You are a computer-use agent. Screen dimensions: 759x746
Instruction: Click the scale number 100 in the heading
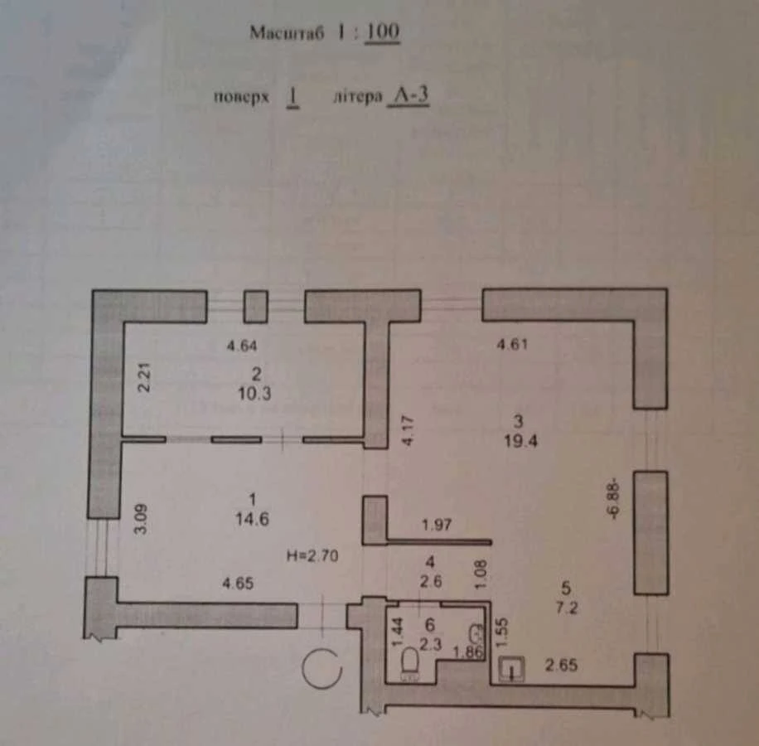(382, 32)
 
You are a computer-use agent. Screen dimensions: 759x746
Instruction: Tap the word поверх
(241, 97)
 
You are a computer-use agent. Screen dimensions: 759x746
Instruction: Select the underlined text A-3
(409, 95)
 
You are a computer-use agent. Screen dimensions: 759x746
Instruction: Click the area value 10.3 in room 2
(254, 394)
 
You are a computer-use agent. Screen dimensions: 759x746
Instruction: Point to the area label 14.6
(252, 519)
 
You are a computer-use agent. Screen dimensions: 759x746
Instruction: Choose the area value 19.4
(520, 441)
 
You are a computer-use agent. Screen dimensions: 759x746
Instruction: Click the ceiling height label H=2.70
(312, 555)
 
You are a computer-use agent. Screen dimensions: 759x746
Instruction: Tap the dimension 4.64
(242, 346)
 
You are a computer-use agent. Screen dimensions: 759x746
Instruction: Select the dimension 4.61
(512, 344)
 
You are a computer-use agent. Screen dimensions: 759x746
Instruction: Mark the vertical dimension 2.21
(144, 377)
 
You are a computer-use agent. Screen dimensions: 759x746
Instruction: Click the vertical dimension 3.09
(140, 519)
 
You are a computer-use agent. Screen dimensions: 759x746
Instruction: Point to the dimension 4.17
(408, 430)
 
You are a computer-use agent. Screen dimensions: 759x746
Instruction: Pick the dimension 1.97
(437, 525)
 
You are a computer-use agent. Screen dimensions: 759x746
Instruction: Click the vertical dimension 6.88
(613, 499)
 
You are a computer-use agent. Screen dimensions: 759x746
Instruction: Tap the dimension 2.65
(561, 665)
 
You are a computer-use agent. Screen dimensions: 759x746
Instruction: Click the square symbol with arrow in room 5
(511, 669)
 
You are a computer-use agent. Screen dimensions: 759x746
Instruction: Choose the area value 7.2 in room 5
(567, 608)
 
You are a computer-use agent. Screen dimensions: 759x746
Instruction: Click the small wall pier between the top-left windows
(255, 307)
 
